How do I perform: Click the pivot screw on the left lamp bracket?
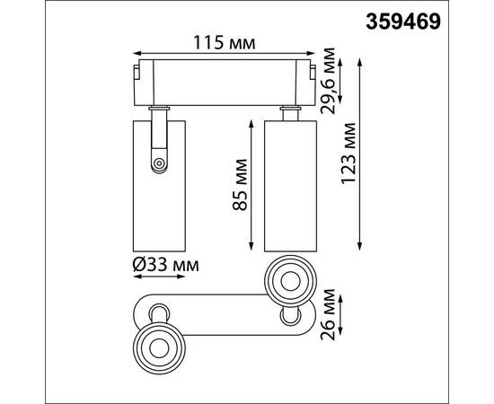(159, 163)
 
